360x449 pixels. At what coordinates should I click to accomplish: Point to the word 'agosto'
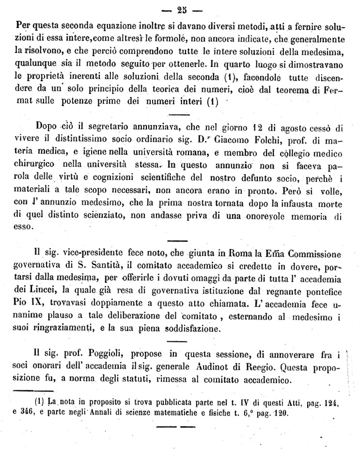[296, 128]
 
